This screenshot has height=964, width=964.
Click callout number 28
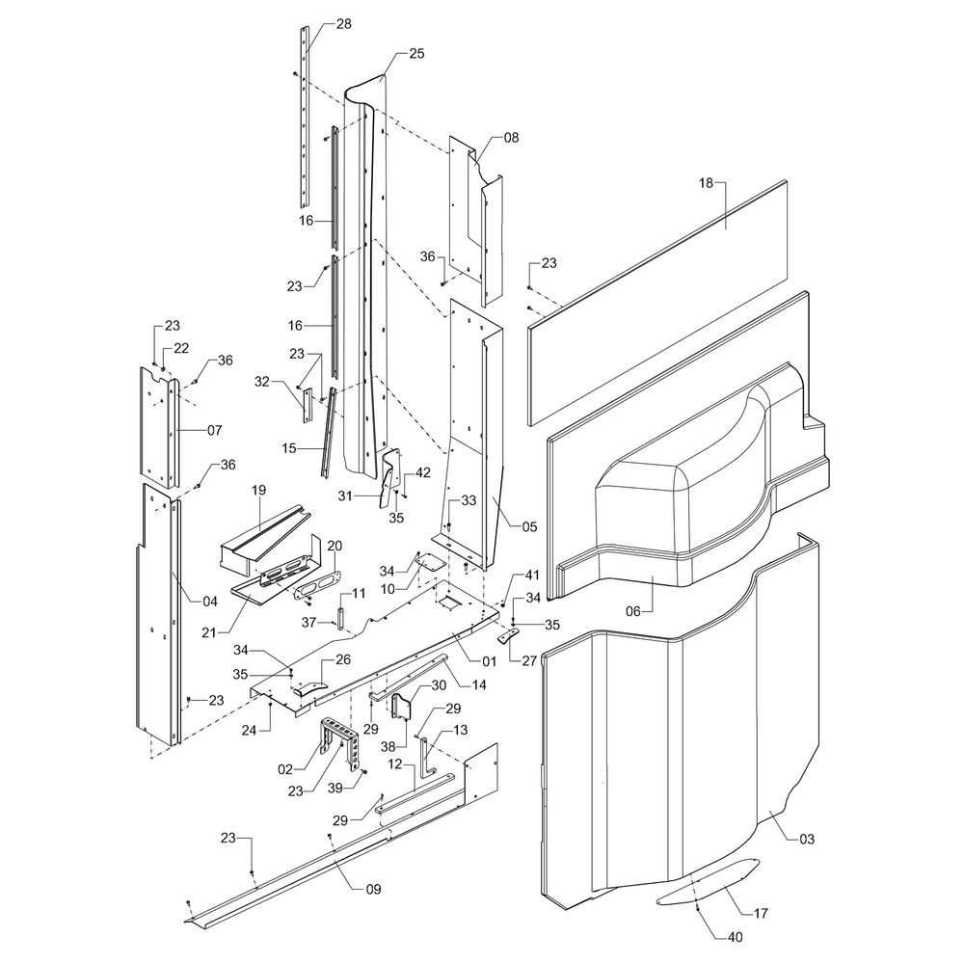(344, 24)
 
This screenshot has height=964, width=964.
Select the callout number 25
(416, 54)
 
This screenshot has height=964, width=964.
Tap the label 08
(511, 138)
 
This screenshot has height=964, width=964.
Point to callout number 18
(706, 182)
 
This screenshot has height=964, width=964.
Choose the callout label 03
(807, 840)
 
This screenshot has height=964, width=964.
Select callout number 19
(258, 491)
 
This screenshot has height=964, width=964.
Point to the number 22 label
(181, 348)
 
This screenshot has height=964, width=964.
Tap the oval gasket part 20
(315, 582)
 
